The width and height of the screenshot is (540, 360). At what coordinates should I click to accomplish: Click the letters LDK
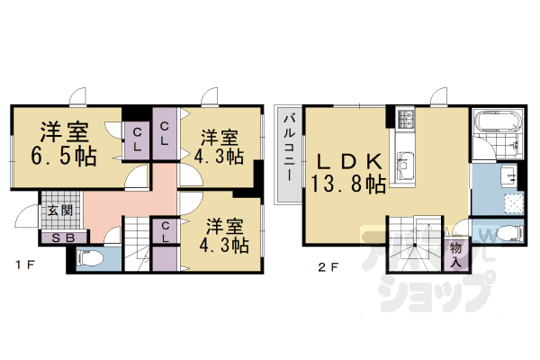351,162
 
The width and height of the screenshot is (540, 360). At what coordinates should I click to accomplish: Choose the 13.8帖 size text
351,184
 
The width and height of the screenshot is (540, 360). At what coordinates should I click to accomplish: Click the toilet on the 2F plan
508,235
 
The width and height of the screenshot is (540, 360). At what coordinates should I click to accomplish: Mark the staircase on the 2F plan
416,245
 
